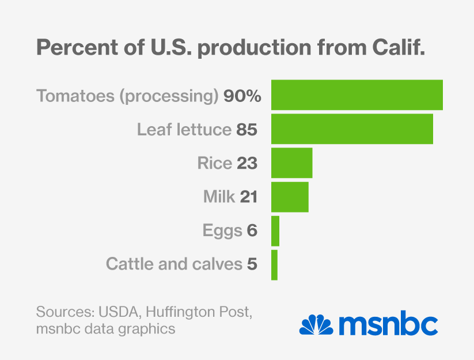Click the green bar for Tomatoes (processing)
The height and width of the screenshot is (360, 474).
(357, 95)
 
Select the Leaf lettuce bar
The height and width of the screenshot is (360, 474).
(352, 129)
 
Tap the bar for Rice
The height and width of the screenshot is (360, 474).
(291, 163)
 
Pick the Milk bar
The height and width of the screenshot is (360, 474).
(290, 197)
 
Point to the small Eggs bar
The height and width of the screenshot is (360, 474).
(275, 231)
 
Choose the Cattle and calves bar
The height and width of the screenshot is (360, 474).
(274, 265)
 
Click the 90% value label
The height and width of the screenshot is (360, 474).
(242, 96)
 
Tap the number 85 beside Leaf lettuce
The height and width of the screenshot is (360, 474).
(246, 130)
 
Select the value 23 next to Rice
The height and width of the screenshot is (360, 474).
(247, 164)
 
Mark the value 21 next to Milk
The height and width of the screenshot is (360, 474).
(248, 198)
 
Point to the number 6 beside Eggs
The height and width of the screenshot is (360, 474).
(251, 231)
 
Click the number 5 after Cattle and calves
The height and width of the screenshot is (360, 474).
(251, 265)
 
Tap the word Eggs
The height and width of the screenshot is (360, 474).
(222, 232)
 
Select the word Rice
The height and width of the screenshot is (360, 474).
(214, 164)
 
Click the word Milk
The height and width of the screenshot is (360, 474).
(219, 198)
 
